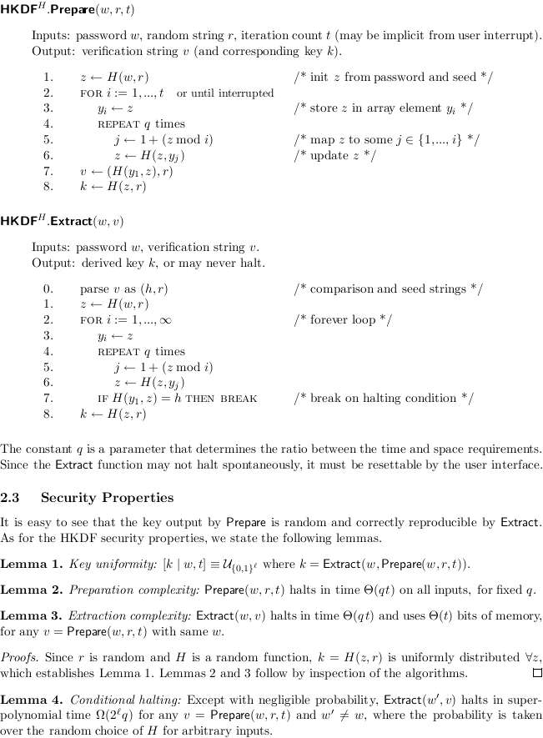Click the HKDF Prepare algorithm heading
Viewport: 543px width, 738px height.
point(68,11)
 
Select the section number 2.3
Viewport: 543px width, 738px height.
point(13,498)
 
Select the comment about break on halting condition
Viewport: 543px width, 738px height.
point(384,398)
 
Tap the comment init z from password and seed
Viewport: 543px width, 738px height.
point(393,77)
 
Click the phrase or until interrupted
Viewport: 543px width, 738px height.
point(225,93)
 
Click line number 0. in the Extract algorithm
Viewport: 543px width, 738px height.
point(48,289)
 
